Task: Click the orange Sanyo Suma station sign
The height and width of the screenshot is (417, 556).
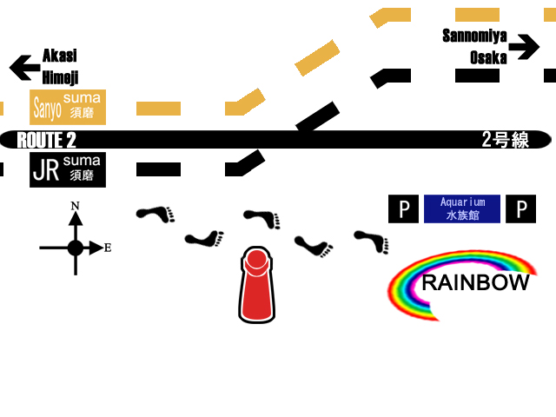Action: (x=68, y=107)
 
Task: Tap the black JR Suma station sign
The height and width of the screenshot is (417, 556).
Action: (x=68, y=169)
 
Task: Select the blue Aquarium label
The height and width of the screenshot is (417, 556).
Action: (x=461, y=208)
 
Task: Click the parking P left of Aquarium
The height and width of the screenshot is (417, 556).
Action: (x=403, y=208)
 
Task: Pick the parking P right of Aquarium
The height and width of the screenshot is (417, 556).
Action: (x=520, y=208)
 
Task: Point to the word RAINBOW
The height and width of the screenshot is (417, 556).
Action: (x=474, y=282)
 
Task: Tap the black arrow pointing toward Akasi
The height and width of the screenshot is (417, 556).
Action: (x=24, y=67)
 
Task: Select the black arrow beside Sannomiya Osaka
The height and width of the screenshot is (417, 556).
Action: (x=524, y=47)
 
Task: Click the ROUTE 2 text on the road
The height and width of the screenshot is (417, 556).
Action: (x=47, y=140)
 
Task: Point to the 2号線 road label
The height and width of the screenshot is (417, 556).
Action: (x=505, y=140)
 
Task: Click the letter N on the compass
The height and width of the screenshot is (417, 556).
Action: (x=76, y=206)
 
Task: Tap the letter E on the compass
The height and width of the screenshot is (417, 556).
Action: (x=108, y=248)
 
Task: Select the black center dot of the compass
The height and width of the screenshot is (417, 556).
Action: (x=76, y=248)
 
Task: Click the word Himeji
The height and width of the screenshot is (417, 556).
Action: (x=60, y=77)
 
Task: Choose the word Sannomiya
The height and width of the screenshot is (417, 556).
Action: (x=474, y=36)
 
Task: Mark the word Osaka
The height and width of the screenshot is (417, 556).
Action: (x=488, y=58)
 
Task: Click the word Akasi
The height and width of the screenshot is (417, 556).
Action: (x=60, y=56)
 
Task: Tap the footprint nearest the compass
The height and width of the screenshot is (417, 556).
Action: (x=156, y=213)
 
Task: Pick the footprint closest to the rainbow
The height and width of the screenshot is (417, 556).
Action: (x=372, y=240)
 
